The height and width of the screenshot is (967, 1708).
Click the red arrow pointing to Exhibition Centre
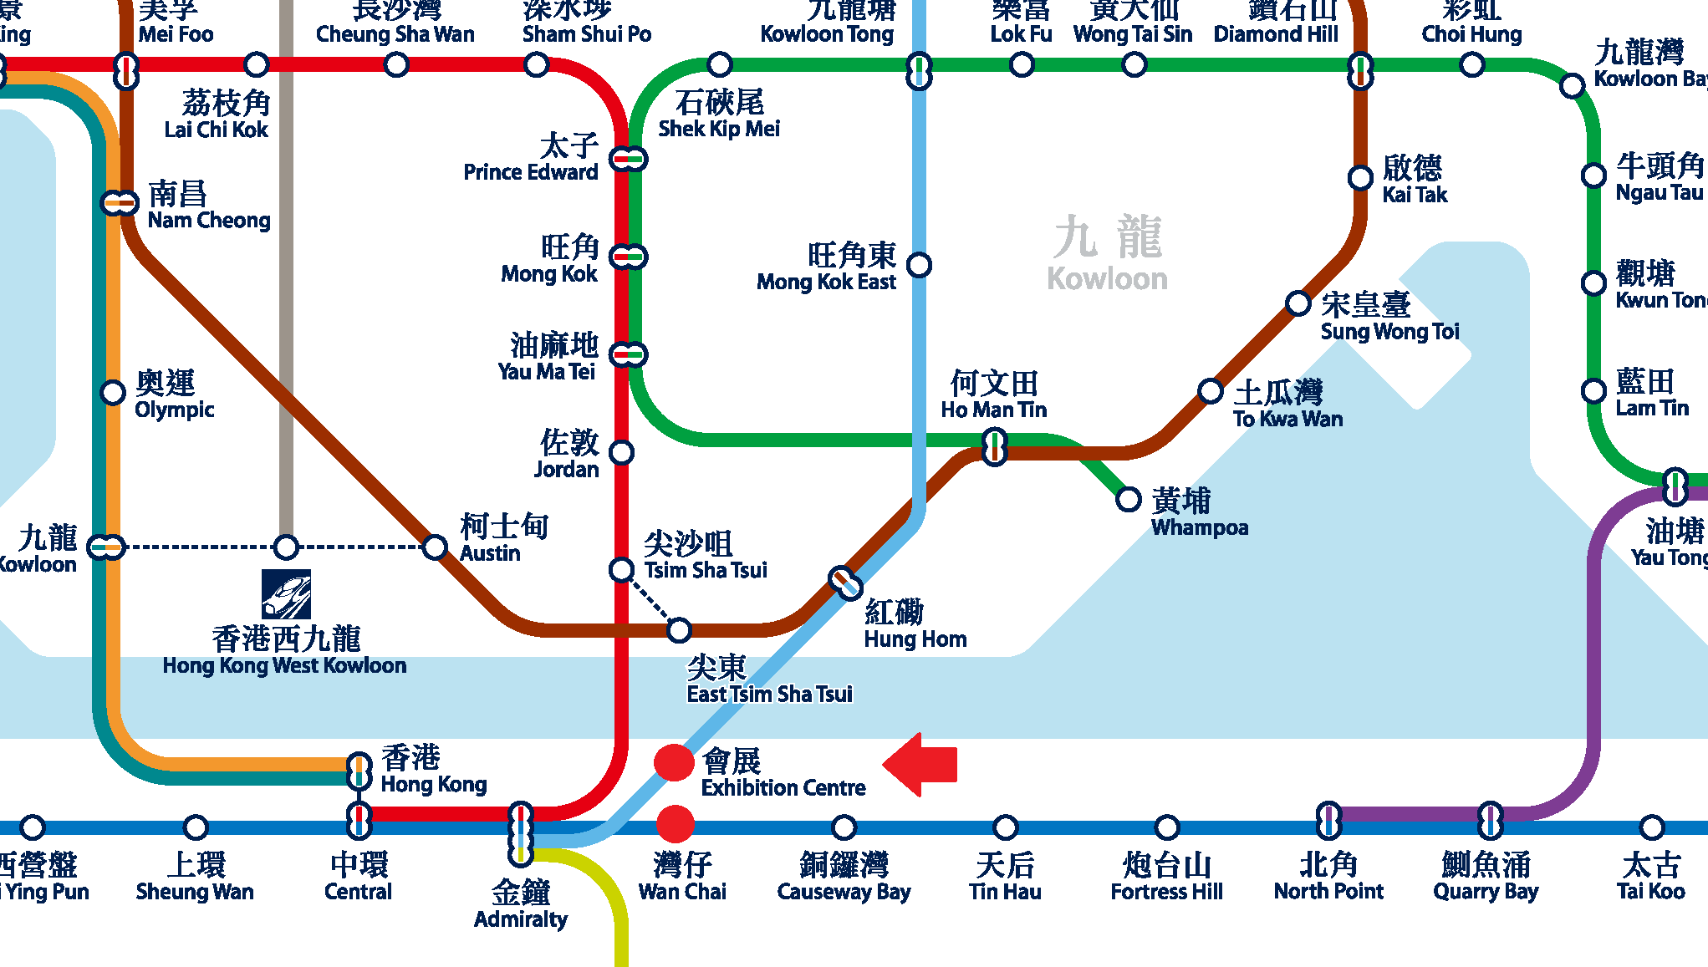click(x=920, y=764)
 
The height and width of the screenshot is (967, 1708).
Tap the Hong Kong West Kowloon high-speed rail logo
click(x=286, y=594)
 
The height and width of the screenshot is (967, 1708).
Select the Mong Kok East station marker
click(x=919, y=265)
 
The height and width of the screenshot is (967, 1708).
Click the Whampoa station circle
click(x=1128, y=500)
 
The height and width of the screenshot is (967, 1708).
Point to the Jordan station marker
click(x=621, y=452)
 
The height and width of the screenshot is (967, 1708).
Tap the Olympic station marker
click(x=113, y=392)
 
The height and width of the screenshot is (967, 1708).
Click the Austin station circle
click(x=435, y=547)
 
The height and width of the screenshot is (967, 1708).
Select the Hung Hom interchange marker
click(x=845, y=583)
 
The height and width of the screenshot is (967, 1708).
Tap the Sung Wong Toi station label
click(x=1389, y=318)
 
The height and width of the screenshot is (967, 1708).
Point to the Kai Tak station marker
click(x=1360, y=177)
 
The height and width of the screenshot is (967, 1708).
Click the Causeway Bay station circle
click(x=844, y=827)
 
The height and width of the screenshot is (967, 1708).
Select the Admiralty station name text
click(x=520, y=905)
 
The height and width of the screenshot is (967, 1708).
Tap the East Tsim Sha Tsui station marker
click(x=679, y=629)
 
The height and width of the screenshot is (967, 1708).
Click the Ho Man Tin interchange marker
click(x=994, y=446)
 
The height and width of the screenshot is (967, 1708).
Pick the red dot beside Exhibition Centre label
click(x=674, y=762)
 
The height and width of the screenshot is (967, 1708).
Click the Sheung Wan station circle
click(x=195, y=827)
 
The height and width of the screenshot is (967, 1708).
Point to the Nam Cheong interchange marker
click(x=119, y=202)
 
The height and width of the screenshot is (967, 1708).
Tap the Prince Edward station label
click(x=532, y=159)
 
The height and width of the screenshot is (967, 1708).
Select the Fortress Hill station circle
click(x=1166, y=827)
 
